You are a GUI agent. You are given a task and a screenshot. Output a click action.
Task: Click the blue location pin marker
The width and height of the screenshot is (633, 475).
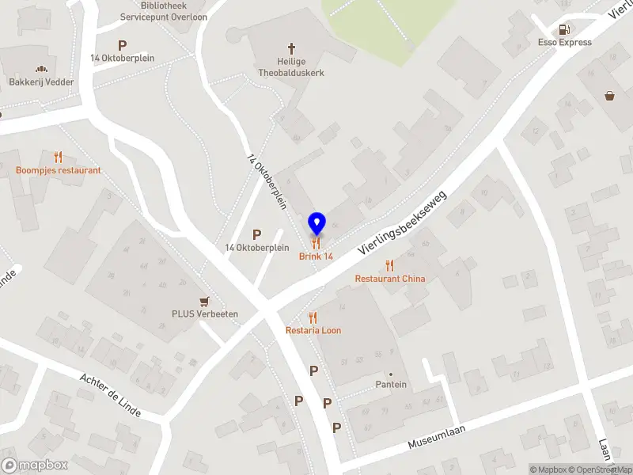[x=316, y=222]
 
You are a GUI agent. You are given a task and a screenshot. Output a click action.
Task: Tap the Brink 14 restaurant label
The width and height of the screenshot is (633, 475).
[x=316, y=256]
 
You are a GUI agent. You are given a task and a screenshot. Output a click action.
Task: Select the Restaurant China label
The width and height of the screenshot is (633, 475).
[x=389, y=279]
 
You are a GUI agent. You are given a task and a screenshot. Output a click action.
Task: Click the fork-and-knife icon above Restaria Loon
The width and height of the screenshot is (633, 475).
[x=313, y=317]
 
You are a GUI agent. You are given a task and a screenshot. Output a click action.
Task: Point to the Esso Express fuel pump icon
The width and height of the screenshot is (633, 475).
[x=564, y=29]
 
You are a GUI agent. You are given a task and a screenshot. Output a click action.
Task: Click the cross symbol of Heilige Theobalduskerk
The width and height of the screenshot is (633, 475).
[x=291, y=48]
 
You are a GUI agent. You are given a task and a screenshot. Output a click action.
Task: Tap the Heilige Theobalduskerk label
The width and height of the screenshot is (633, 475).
[x=291, y=67]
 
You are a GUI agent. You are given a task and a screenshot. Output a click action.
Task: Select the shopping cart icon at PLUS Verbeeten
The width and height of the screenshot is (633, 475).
[x=205, y=301]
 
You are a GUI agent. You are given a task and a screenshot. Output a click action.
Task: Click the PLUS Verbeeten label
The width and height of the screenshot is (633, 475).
[x=205, y=313]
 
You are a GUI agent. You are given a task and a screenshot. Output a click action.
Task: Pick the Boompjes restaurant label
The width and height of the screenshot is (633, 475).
[x=59, y=170]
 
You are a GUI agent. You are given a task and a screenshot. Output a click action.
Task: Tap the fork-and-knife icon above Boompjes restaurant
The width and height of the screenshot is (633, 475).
[x=58, y=157]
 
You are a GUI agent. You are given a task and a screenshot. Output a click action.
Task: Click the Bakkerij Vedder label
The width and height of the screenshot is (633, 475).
[x=41, y=82]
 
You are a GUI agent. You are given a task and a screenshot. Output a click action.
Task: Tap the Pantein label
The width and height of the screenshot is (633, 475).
[x=391, y=385]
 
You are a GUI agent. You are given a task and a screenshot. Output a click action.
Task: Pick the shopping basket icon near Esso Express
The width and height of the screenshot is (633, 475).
[x=610, y=96]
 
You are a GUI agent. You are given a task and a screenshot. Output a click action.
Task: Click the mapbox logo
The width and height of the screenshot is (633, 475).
[x=35, y=465]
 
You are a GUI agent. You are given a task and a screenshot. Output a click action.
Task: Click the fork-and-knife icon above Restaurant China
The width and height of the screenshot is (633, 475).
[x=389, y=265]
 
